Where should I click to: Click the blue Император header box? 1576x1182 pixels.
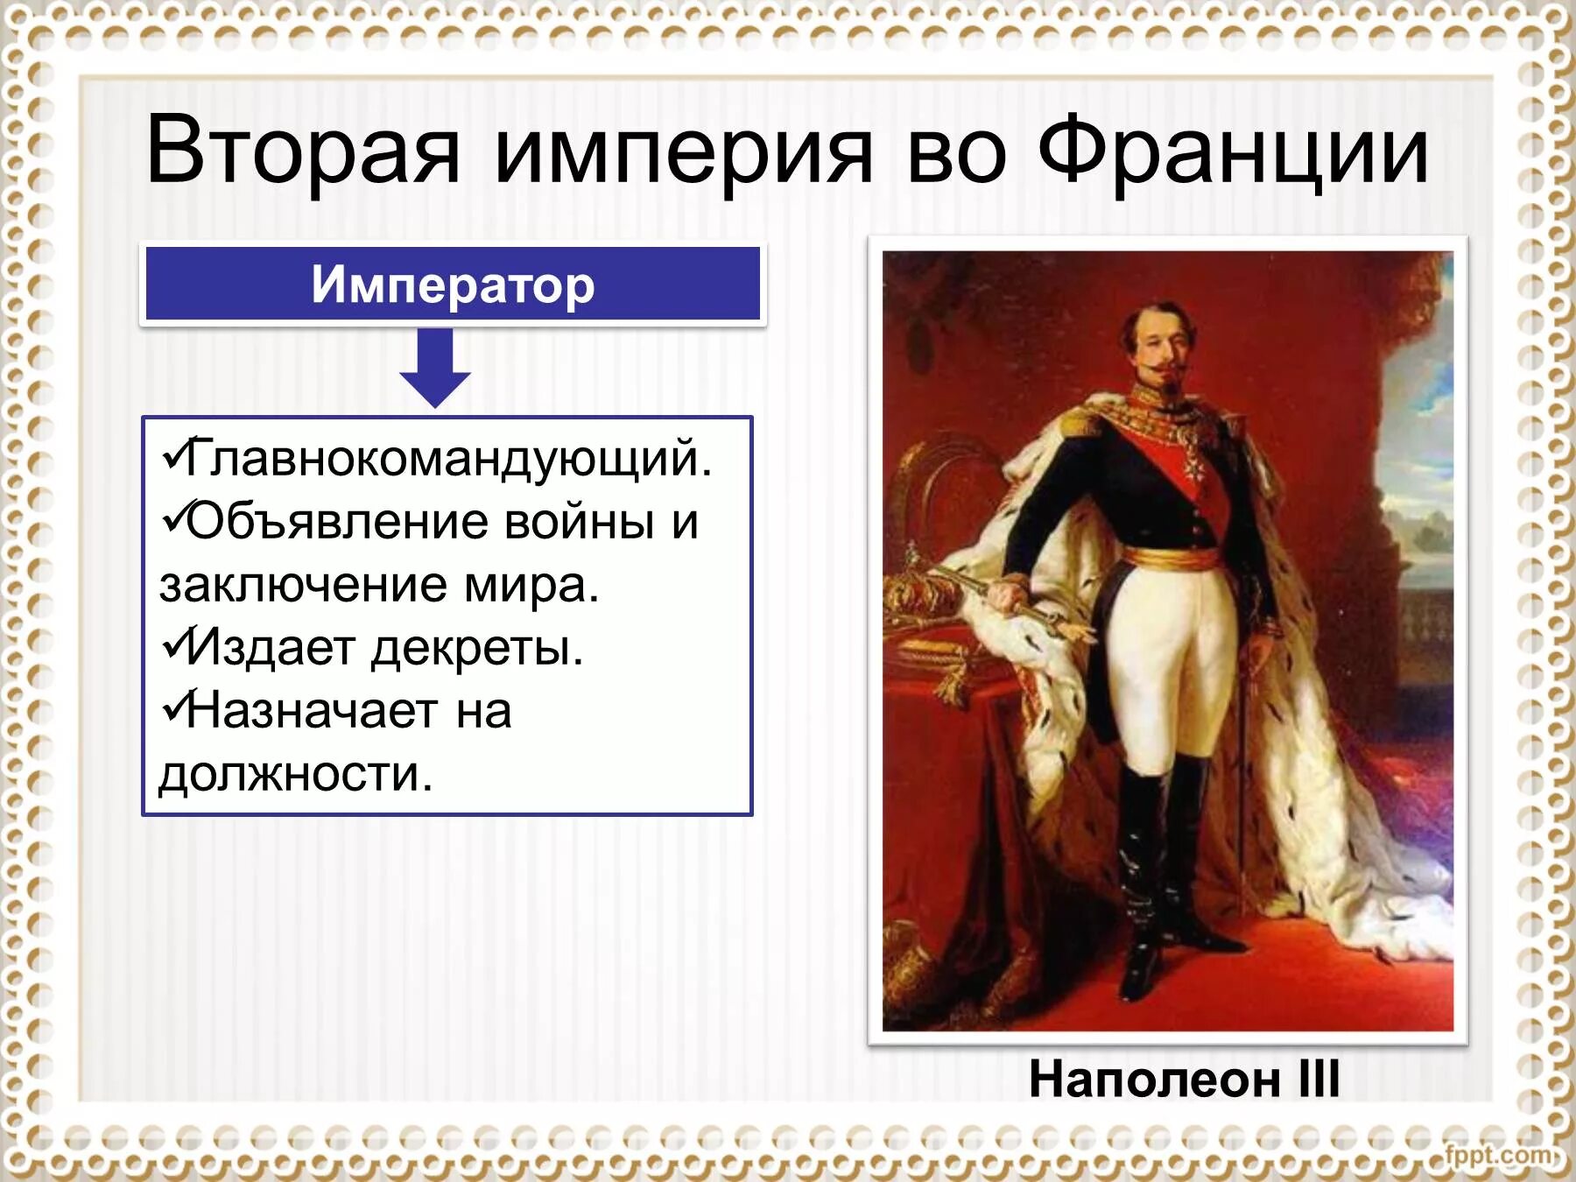point(453,285)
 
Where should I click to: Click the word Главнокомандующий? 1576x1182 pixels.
point(448,457)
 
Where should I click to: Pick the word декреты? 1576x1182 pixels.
point(476,648)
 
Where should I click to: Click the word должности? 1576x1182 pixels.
point(295,774)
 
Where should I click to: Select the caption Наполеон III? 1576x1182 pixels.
point(1184,1079)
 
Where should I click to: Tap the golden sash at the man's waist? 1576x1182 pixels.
point(1172,558)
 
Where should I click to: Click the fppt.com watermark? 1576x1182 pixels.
point(1500,1154)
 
